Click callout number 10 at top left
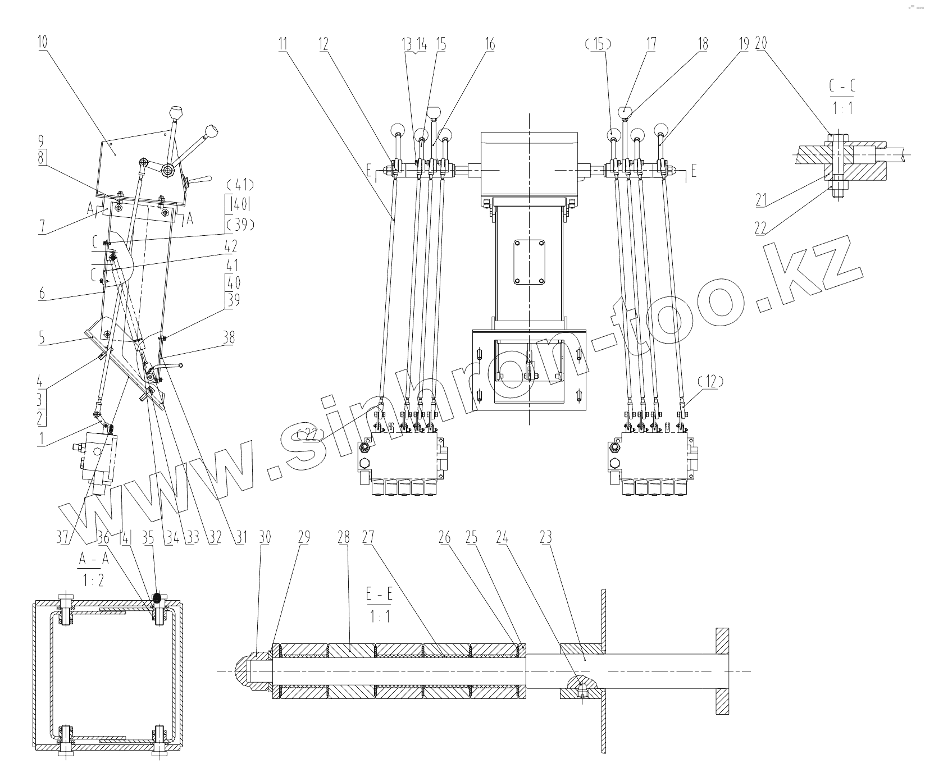tap(43, 43)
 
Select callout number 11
tap(282, 43)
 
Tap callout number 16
tap(490, 44)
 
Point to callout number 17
tap(651, 44)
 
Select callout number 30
tap(265, 538)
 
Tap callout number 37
tap(63, 538)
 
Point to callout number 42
tap(230, 246)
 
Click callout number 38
tap(228, 337)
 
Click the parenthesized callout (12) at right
tap(711, 382)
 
